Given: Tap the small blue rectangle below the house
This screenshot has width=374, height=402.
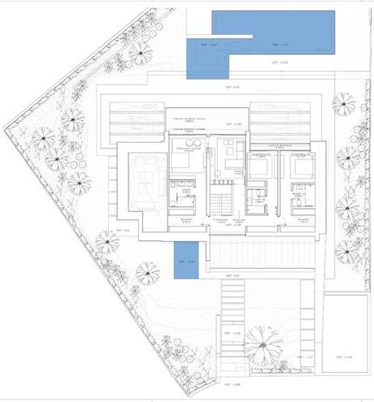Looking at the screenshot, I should point(185,261).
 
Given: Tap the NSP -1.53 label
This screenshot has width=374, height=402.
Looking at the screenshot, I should point(347,357).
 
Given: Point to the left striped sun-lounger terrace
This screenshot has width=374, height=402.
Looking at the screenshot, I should point(134,118).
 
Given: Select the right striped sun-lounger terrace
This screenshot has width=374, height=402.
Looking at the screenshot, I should point(280,118).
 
